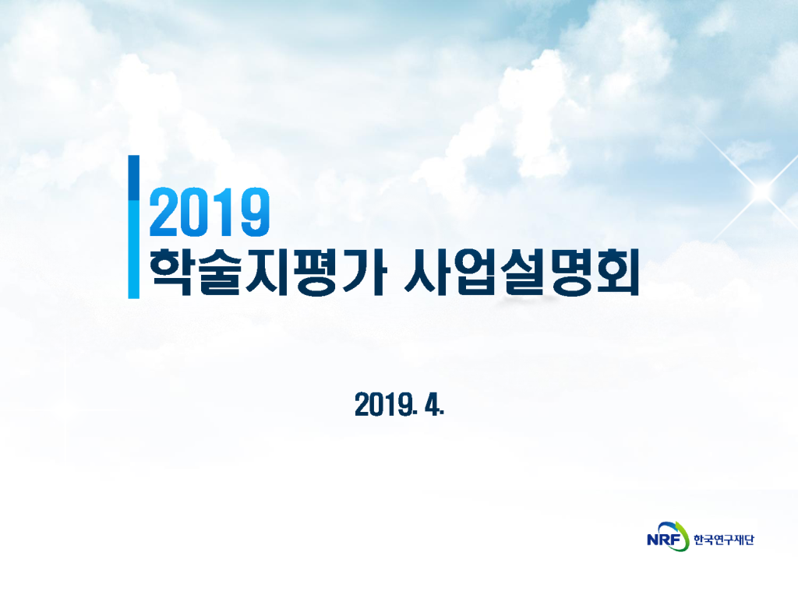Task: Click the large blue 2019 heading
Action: click(209, 212)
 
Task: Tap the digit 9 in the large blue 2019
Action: click(254, 212)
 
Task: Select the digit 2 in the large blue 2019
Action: click(163, 212)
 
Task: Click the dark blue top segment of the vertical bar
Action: click(133, 178)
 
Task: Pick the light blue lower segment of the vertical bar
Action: click(133, 249)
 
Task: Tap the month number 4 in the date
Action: click(434, 405)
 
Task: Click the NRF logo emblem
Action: click(667, 537)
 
